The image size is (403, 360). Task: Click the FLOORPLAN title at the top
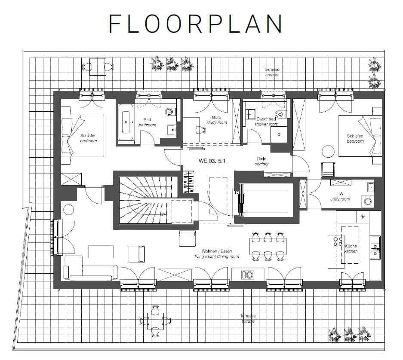tap(196, 24)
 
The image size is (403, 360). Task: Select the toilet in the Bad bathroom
tap(170, 112)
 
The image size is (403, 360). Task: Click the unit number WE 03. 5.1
tap(212, 161)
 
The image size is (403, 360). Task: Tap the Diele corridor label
tap(258, 161)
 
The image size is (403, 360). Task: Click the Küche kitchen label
tap(351, 249)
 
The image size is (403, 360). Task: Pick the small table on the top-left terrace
tap(97, 67)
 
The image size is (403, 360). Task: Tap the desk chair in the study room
tap(200, 130)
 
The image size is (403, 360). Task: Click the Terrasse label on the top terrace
tap(271, 72)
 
